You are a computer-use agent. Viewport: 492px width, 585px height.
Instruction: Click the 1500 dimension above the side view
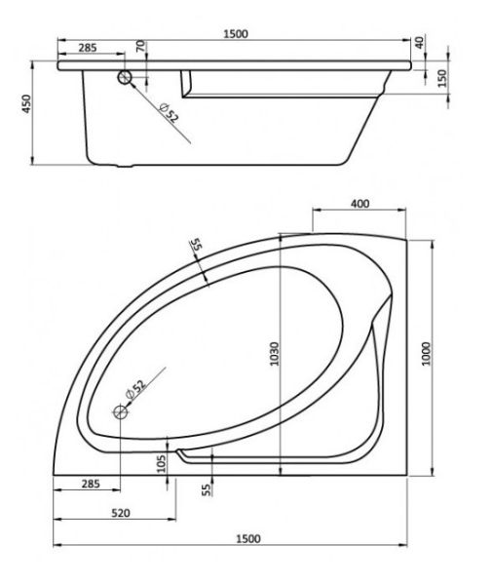click(235, 32)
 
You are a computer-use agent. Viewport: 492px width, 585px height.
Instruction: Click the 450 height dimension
click(30, 105)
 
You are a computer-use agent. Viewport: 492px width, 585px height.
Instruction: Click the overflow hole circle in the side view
click(125, 79)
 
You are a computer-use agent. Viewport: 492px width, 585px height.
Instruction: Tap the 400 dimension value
click(360, 203)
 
